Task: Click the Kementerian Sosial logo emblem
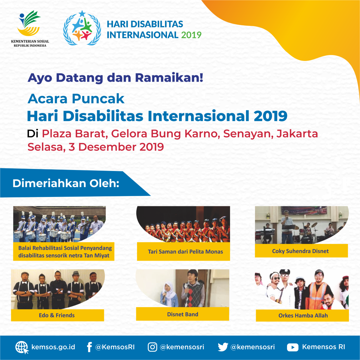[29, 23]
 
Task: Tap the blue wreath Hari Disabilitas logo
[82, 28]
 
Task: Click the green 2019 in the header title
[191, 35]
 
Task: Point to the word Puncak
[98, 99]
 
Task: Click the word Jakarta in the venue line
[297, 134]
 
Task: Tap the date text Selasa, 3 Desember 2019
[96, 147]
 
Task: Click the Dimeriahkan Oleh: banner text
[66, 183]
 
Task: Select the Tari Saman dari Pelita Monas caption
[185, 252]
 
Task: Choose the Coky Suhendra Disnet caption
[300, 251]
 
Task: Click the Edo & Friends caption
[57, 315]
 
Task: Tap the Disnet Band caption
[183, 314]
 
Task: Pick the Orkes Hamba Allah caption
[303, 315]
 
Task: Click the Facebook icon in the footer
[90, 347]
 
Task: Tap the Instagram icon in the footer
[152, 347]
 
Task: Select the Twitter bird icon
[223, 347]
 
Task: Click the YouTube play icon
[293, 347]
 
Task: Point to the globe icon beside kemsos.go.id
[22, 347]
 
